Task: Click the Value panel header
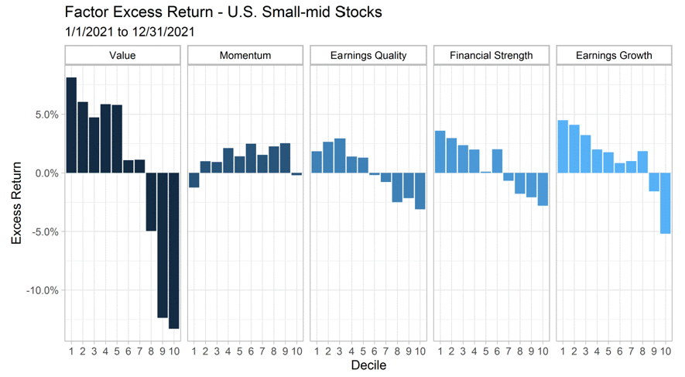pyautogui.click(x=123, y=56)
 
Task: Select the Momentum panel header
pyautogui.click(x=245, y=56)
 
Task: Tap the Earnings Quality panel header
pyautogui.click(x=368, y=56)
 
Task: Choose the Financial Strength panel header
pyautogui.click(x=491, y=56)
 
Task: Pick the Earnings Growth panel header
pyautogui.click(x=615, y=56)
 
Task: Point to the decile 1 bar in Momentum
pyautogui.click(x=194, y=180)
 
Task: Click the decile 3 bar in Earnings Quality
pyautogui.click(x=340, y=156)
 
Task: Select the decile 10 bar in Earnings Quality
pyautogui.click(x=420, y=190)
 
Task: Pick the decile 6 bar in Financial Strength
pyautogui.click(x=497, y=161)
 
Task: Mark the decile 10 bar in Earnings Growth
pyautogui.click(x=665, y=203)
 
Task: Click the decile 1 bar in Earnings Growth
pyautogui.click(x=563, y=146)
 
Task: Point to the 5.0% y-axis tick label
pyautogui.click(x=43, y=115)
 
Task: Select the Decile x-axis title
pyautogui.click(x=368, y=364)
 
